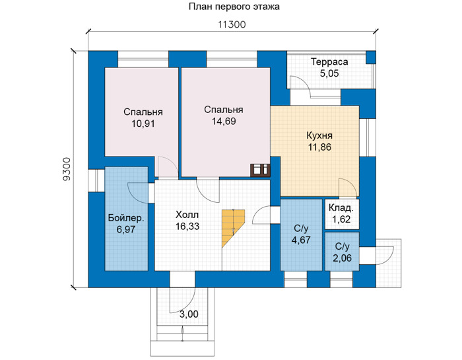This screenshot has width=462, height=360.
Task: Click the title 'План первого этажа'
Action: (234, 7)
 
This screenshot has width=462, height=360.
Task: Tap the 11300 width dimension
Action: (232, 24)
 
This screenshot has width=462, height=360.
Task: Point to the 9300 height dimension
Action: (67, 169)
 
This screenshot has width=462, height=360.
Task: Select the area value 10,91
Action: (143, 124)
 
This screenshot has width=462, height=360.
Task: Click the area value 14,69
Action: (224, 121)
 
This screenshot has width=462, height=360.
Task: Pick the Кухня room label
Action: (319, 136)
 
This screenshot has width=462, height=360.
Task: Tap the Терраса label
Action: (329, 62)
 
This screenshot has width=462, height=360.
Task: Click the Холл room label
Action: (187, 215)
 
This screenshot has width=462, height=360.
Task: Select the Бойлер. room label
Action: (126, 218)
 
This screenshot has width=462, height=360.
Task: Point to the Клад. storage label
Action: (341, 208)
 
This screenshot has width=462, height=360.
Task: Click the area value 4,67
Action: (301, 240)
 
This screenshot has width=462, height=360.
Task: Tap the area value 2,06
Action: (342, 258)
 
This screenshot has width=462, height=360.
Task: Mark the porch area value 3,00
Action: (189, 314)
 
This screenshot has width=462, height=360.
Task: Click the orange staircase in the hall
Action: (233, 228)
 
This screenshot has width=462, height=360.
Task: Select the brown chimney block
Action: (260, 170)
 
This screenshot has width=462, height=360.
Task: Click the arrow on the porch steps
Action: (183, 334)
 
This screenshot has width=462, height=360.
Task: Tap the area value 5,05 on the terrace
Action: (329, 73)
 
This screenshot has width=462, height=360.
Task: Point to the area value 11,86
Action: (319, 147)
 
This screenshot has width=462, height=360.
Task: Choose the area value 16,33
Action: (187, 227)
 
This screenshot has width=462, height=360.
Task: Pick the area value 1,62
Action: (341, 219)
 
